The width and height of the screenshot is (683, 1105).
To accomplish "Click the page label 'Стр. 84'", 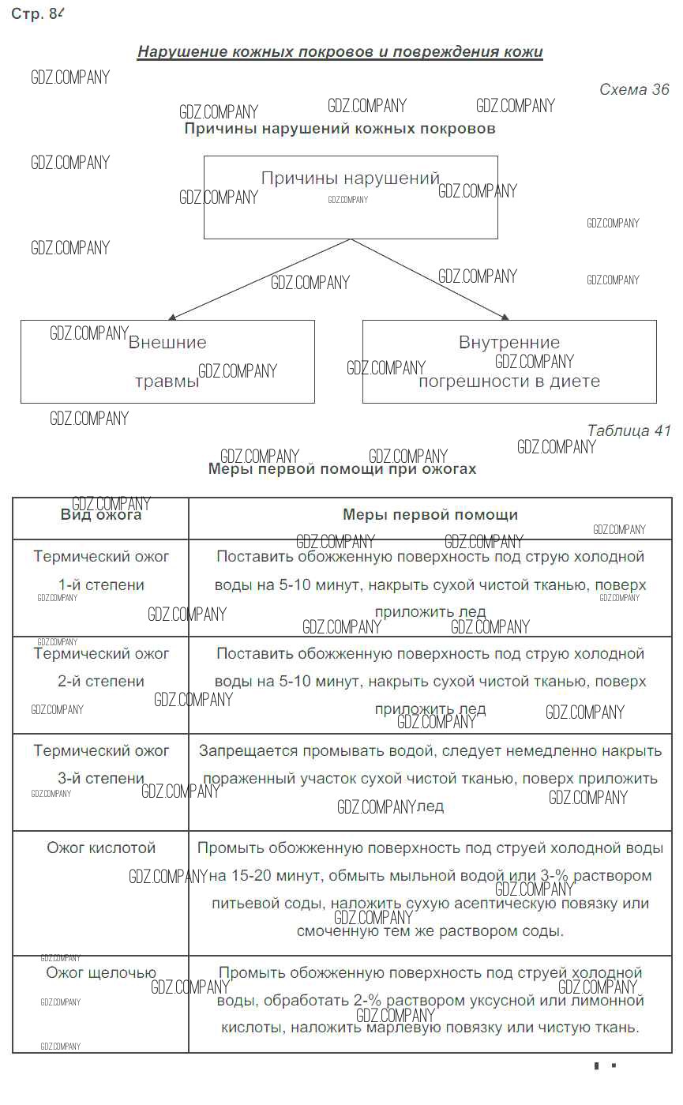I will [36, 13].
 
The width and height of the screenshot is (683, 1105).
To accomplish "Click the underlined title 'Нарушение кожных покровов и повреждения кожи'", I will [340, 52].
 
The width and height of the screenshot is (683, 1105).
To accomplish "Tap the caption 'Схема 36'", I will [634, 89].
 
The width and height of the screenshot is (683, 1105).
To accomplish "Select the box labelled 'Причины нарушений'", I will [351, 197].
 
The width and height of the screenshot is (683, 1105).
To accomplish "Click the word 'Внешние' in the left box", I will [167, 343].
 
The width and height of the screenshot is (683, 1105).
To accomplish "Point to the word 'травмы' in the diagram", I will [167, 381].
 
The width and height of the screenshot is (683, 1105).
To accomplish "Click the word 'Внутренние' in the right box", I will [509, 343].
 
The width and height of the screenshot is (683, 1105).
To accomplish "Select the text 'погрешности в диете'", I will [509, 381].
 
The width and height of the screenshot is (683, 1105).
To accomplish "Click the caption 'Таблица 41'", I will [629, 430].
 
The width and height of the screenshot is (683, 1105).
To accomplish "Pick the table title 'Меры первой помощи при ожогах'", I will [342, 469].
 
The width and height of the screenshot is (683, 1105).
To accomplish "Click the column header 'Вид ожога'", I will [101, 515].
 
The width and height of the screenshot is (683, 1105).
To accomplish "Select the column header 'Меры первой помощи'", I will [430, 515].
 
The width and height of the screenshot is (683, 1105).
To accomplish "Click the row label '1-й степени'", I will [101, 585].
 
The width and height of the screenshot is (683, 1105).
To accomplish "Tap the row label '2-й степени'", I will [101, 682].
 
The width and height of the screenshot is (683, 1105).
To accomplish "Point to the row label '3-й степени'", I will [101, 779].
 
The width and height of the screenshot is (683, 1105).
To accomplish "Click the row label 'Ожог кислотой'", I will [101, 848].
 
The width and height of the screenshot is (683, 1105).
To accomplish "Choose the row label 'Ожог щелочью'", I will [101, 973].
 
